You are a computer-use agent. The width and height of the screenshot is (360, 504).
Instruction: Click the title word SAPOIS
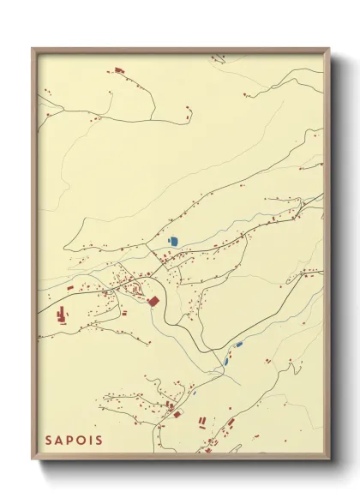74,441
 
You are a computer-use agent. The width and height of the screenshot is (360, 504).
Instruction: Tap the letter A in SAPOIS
61,441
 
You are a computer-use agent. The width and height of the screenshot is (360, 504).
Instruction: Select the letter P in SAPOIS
72,441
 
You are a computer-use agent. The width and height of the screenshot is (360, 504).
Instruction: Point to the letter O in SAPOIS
84,441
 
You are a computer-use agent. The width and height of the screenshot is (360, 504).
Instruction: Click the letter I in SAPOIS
93,441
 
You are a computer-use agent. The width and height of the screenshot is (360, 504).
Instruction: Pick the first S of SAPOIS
50,441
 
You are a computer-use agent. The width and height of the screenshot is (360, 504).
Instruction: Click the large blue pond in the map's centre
173,242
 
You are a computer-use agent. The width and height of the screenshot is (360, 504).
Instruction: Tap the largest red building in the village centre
154,301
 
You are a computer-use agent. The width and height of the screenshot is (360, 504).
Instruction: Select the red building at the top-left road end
118,69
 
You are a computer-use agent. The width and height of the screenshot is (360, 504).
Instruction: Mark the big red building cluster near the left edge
63,315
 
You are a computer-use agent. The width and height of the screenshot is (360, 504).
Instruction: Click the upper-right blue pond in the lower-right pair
239,345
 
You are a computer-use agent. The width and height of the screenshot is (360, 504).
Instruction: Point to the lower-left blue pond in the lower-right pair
226,361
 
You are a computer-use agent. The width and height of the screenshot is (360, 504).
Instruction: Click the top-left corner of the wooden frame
33,48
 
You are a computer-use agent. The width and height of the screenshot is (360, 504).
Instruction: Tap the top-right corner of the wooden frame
330,48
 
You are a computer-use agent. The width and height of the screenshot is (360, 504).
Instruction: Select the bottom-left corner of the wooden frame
33,460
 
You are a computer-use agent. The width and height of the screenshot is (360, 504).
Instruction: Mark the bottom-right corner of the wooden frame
330,460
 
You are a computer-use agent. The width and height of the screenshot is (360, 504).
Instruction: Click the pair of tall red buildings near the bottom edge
203,421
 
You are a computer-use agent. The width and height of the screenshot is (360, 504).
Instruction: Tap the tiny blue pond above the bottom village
194,393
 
